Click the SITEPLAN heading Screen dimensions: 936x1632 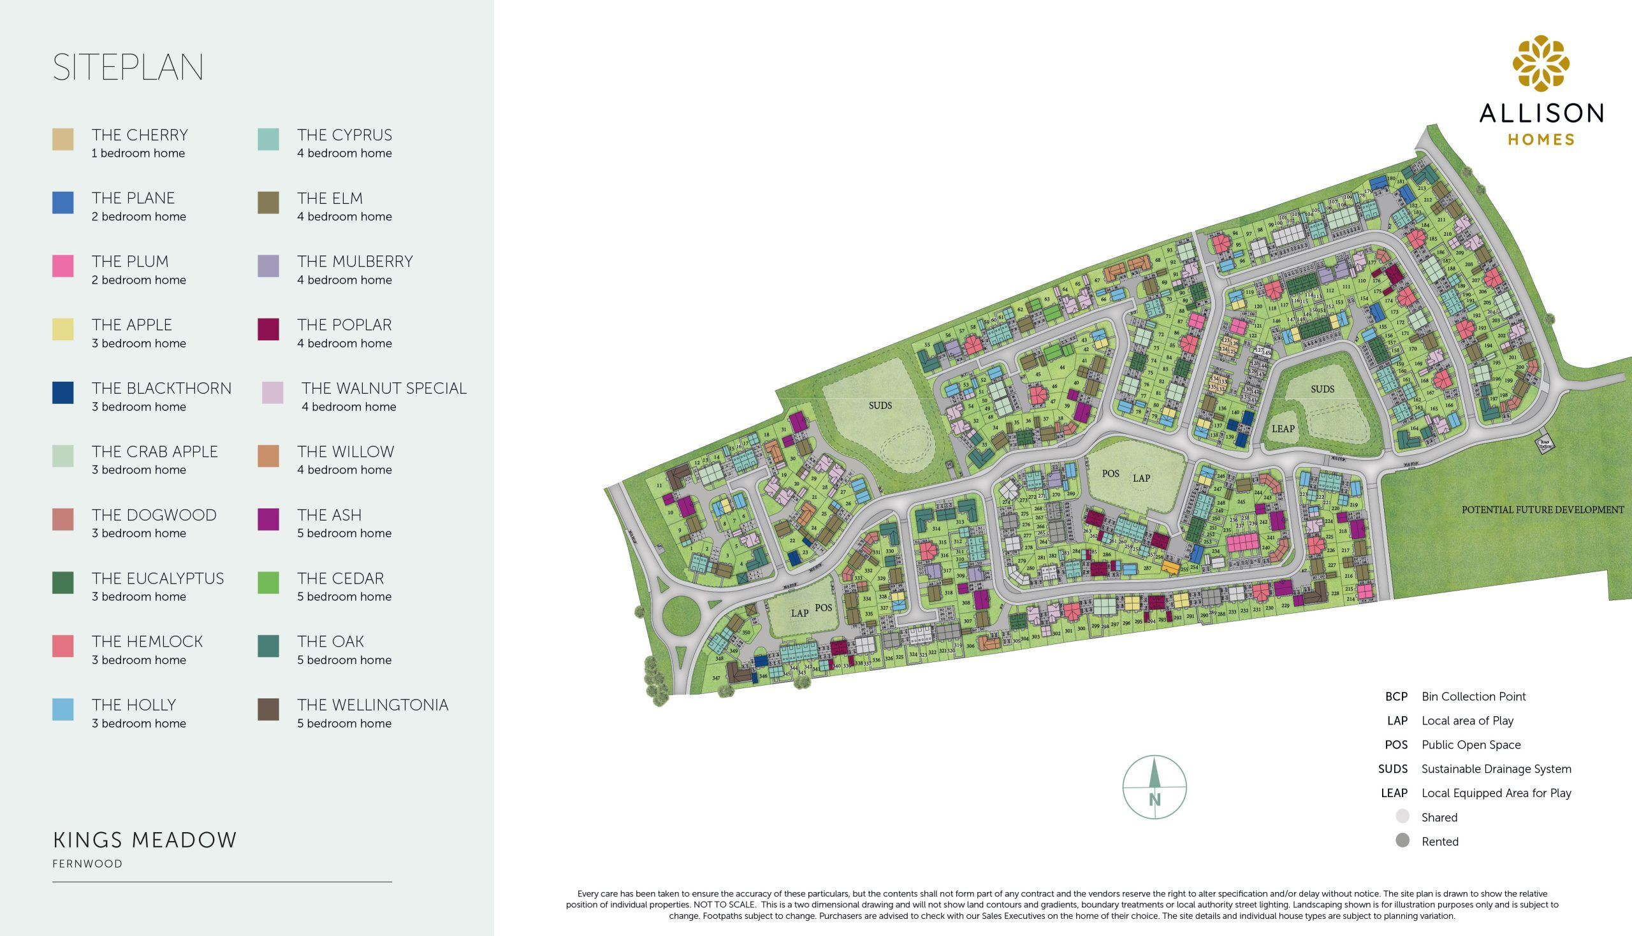click(x=128, y=68)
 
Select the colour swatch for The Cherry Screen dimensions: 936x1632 click(x=63, y=139)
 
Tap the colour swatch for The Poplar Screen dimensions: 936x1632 click(x=268, y=329)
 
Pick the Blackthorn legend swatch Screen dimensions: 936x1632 click(x=63, y=392)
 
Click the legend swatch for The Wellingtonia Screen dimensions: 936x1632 click(x=268, y=709)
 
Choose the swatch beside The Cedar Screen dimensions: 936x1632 click(x=268, y=582)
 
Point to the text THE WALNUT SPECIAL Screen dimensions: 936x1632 click(x=384, y=388)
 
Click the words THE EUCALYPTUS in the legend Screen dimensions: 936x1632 click(x=157, y=579)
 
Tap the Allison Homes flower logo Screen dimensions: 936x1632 click(x=1541, y=62)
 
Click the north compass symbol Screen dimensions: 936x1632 click(x=1155, y=787)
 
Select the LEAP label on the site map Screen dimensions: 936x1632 click(x=1283, y=429)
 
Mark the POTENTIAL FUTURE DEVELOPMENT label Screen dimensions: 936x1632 click(x=1543, y=510)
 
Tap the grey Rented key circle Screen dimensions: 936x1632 click(x=1402, y=840)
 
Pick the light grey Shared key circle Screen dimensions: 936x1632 click(x=1402, y=816)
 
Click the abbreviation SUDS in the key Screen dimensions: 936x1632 click(x=1392, y=769)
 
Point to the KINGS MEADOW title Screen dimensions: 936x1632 click(x=145, y=840)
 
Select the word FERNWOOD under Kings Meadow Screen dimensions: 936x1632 click(x=87, y=864)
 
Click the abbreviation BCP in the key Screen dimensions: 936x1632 click(x=1396, y=696)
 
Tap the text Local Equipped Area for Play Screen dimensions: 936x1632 click(x=1496, y=793)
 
